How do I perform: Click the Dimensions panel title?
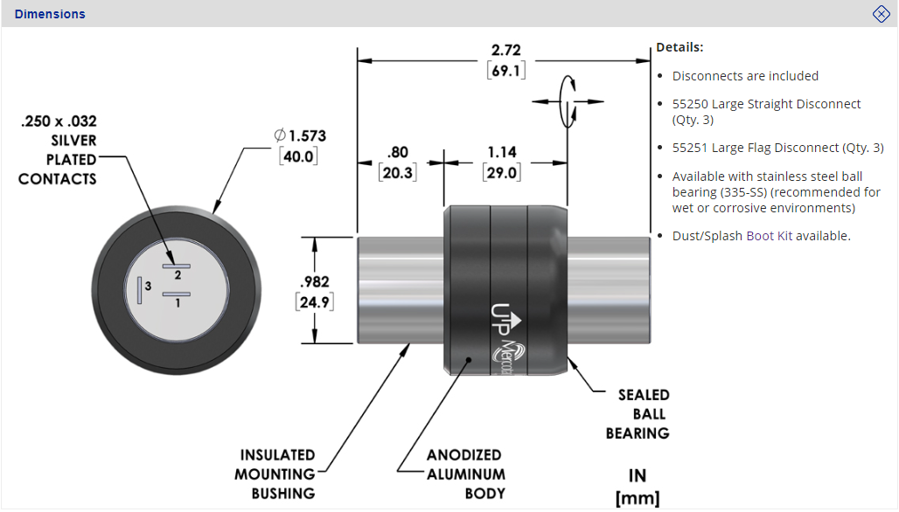[x=50, y=14]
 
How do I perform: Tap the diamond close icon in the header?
[x=882, y=13]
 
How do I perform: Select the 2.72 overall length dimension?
[x=506, y=51]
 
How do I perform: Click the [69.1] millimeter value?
[x=506, y=71]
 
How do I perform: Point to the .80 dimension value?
[x=397, y=152]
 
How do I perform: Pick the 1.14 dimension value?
[x=502, y=152]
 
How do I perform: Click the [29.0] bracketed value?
[x=502, y=172]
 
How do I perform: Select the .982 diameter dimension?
[x=314, y=282]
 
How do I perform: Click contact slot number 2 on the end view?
[x=177, y=263]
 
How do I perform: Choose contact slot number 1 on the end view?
[x=177, y=294]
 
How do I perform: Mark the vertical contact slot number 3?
[x=138, y=289]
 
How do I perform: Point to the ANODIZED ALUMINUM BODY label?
[x=465, y=474]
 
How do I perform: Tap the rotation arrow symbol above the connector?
[x=569, y=102]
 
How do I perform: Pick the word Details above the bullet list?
[x=679, y=47]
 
